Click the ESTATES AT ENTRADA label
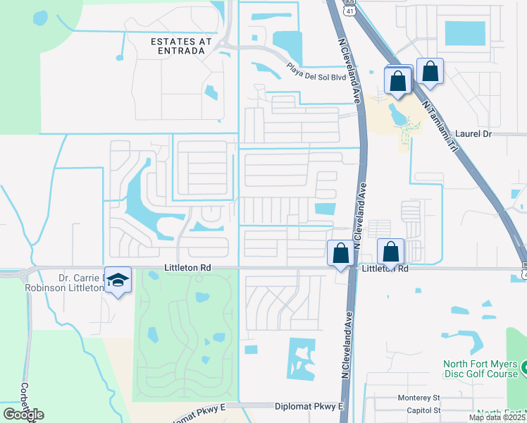click(x=181, y=47)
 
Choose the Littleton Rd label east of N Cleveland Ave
click(x=385, y=269)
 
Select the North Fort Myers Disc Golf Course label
click(x=480, y=369)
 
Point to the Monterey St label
click(x=418, y=398)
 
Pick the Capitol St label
click(x=418, y=410)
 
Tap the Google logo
click(x=23, y=415)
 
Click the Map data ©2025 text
click(x=496, y=417)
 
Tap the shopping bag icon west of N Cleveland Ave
click(x=340, y=253)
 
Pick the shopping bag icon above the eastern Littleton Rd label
click(x=390, y=251)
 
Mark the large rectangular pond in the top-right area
click(x=464, y=33)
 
